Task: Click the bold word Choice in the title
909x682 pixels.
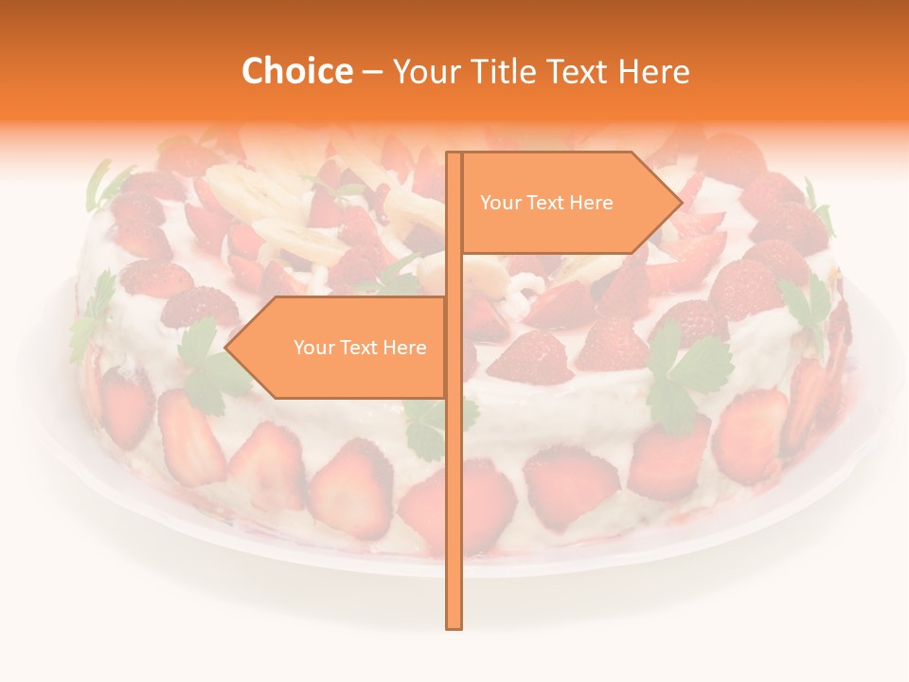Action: click(x=296, y=71)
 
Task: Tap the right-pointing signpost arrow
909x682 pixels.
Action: click(x=568, y=203)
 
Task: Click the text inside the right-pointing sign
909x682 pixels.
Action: click(x=546, y=203)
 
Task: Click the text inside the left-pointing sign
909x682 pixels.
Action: click(x=360, y=348)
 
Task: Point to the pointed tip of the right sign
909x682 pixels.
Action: click(x=680, y=202)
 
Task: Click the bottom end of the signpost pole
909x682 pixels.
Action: click(x=454, y=625)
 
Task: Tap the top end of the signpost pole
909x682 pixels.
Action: click(x=454, y=154)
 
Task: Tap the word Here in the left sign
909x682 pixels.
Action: click(x=405, y=348)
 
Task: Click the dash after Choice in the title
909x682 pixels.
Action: click(x=372, y=71)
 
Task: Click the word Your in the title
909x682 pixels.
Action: click(x=423, y=71)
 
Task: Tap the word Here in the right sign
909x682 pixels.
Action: click(x=592, y=203)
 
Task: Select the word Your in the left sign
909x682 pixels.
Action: click(x=312, y=348)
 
